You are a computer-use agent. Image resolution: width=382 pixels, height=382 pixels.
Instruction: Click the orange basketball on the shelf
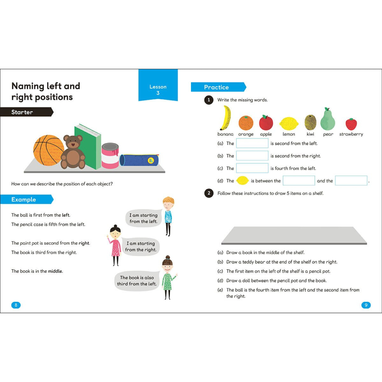point(49,150)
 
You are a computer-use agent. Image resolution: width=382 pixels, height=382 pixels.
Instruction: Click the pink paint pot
point(110,156)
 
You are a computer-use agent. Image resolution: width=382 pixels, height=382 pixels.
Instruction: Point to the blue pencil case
point(138,160)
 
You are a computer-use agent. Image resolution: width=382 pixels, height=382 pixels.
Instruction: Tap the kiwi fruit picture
point(310,122)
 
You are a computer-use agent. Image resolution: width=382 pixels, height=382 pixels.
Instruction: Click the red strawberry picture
point(351,124)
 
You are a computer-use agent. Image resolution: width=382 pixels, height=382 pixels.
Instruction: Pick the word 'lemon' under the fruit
point(289,134)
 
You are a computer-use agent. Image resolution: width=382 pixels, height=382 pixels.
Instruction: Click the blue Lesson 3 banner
point(158,90)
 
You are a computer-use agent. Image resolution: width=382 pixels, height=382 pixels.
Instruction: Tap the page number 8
point(16,305)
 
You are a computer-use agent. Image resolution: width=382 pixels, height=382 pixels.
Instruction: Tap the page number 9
point(366,305)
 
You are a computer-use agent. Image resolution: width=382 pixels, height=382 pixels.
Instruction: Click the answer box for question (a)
point(252,143)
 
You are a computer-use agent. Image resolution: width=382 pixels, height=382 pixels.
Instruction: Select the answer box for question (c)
point(252,168)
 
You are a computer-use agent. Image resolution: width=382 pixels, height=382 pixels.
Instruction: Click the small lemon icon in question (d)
point(243,181)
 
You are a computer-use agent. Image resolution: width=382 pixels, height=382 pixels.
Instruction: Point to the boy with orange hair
point(168,216)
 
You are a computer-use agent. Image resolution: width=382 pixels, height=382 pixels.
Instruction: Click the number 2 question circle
point(209,193)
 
